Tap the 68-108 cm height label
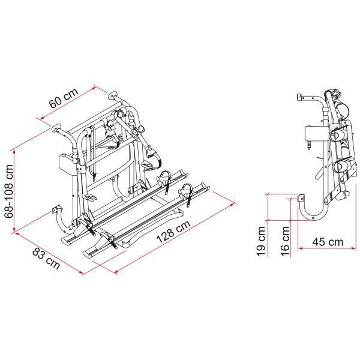pyautogui.click(x=9, y=184)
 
